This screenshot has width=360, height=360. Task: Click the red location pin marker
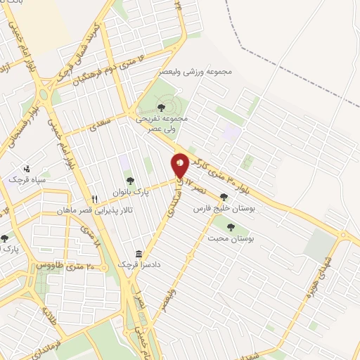click(181, 165)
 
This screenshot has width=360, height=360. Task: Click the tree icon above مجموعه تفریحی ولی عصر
click(162, 108)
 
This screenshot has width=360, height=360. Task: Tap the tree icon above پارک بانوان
click(129, 181)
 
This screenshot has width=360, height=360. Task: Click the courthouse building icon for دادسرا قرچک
click(139, 254)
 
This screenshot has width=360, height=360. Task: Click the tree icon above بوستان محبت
click(231, 226)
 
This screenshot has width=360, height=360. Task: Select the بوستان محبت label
click(231, 239)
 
